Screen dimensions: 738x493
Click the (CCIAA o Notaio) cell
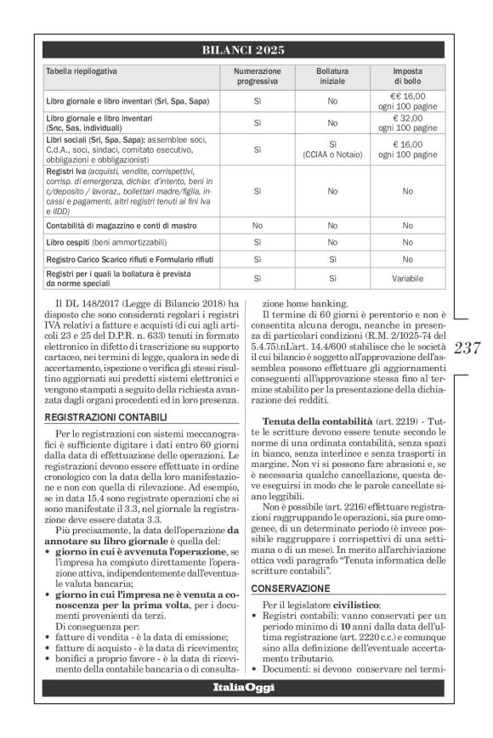[332, 155]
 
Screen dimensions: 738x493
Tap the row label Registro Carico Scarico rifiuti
[123, 258]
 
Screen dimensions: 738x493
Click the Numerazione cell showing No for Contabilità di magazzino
[256, 226]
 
